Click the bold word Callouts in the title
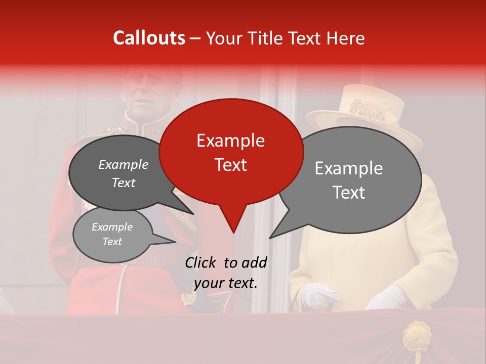click(x=149, y=38)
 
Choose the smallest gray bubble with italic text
click(x=112, y=235)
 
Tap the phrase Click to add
click(x=226, y=262)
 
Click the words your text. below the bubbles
click(x=226, y=283)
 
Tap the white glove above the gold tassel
click(x=386, y=297)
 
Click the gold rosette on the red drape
click(x=416, y=336)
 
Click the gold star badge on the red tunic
click(x=189, y=298)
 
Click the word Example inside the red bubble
click(x=230, y=141)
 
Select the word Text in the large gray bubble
click(x=349, y=193)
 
